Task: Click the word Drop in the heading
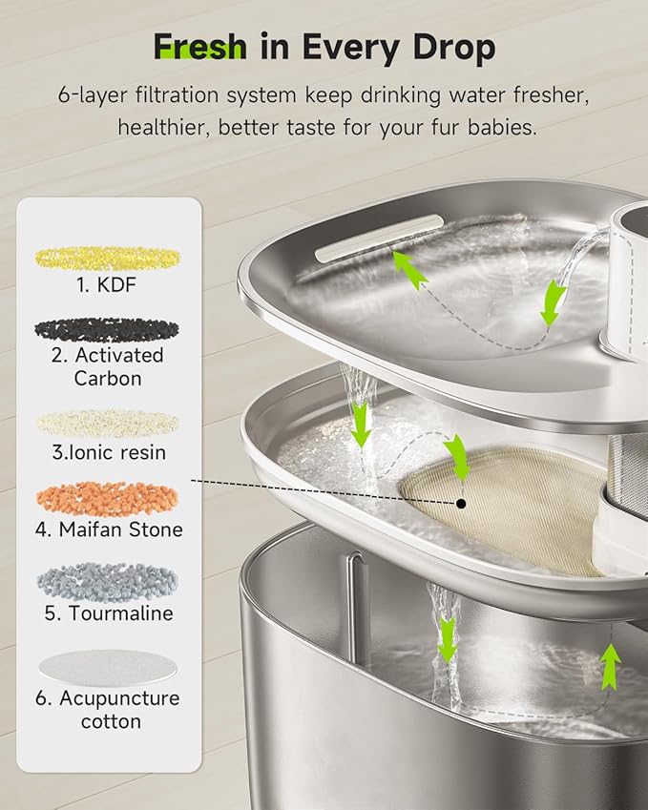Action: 454,47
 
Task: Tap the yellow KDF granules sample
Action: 108,258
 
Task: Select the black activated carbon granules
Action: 107,329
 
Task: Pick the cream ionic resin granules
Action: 107,423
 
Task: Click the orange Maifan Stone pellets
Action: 107,498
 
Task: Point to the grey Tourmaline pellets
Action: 107,580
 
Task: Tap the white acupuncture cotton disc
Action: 107,666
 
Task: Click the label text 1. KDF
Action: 108,283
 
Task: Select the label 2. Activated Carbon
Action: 108,366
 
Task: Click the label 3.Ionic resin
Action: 108,452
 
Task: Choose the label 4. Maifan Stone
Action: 108,529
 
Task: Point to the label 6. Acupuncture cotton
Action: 108,709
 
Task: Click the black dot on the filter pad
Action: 461,502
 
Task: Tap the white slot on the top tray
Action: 380,238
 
